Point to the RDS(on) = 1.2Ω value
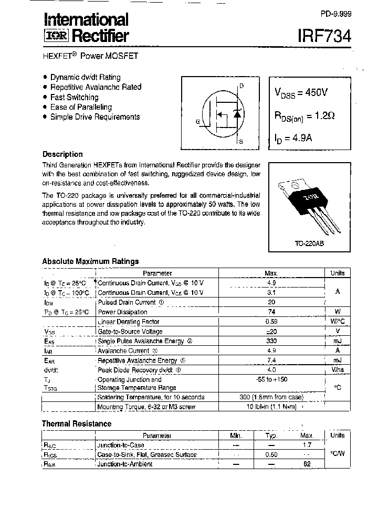(304, 116)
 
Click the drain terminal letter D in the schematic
(241, 86)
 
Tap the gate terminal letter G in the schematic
(197, 122)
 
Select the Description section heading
(62, 154)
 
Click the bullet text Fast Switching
(74, 97)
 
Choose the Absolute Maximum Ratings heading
(90, 261)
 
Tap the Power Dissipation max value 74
(271, 312)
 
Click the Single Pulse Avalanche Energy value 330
(271, 341)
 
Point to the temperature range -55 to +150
(271, 379)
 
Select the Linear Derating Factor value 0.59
(271, 322)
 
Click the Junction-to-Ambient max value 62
(307, 464)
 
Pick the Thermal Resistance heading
(77, 424)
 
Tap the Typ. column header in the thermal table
(271, 436)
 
